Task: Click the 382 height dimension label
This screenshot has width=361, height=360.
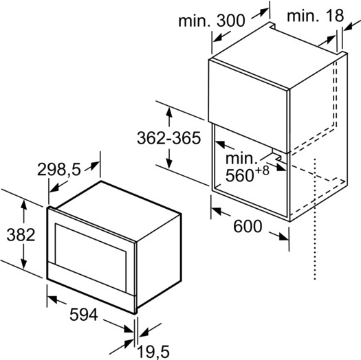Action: [x=21, y=235]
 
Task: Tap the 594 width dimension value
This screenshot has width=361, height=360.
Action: [x=84, y=315]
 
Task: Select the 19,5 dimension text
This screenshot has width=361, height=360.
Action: [x=153, y=352]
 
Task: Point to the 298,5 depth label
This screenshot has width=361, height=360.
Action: [x=59, y=170]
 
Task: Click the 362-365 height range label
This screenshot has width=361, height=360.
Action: [x=168, y=138]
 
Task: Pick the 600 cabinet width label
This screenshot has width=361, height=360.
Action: [x=248, y=226]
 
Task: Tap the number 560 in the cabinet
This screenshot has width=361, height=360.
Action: [x=239, y=176]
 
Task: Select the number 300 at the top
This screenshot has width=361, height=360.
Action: [x=230, y=21]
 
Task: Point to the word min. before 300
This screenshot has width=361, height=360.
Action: [x=195, y=21]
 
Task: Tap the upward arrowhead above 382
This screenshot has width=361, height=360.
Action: [x=23, y=205]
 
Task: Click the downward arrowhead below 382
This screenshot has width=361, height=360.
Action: [x=23, y=263]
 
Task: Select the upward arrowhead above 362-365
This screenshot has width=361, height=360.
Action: [x=169, y=113]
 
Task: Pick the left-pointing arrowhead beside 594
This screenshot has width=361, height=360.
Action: [x=52, y=299]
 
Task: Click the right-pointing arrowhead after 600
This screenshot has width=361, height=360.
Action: [x=283, y=237]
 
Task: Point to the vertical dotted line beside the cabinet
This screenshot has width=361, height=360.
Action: [x=315, y=219]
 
